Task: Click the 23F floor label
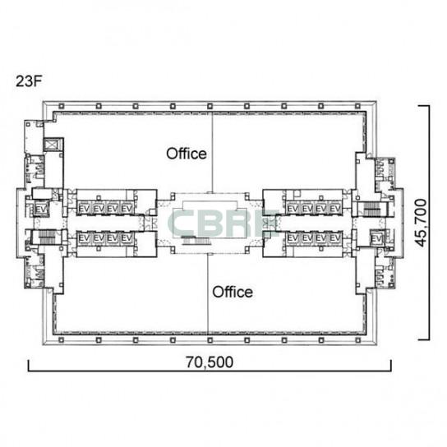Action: click(29, 81)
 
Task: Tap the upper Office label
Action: click(187, 154)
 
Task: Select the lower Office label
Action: click(233, 293)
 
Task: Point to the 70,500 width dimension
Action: click(210, 362)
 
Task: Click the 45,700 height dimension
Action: click(421, 223)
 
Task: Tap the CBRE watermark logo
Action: click(225, 223)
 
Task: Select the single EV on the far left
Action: click(41, 210)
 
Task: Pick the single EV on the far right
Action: click(377, 238)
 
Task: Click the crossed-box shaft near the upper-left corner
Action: click(52, 145)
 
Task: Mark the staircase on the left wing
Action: click(46, 237)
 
